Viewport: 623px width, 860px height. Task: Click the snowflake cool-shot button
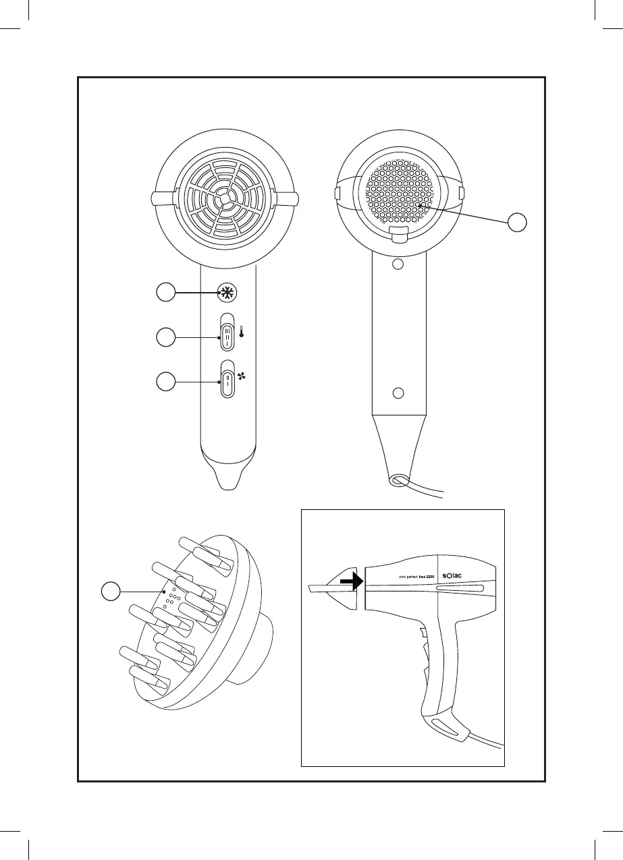pos(228,293)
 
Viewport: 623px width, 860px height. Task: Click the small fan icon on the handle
pos(241,378)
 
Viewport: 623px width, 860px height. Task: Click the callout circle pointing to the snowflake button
pos(165,293)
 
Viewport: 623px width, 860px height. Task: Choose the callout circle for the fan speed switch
pos(165,382)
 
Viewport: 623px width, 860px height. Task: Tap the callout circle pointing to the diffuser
pos(111,592)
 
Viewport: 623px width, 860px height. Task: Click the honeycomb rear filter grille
pos(398,192)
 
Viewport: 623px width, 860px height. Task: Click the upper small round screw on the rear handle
pos(398,264)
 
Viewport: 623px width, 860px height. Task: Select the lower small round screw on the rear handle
pos(398,393)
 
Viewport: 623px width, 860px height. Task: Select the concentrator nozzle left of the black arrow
pos(335,586)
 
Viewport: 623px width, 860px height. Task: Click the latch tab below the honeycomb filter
pos(398,234)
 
